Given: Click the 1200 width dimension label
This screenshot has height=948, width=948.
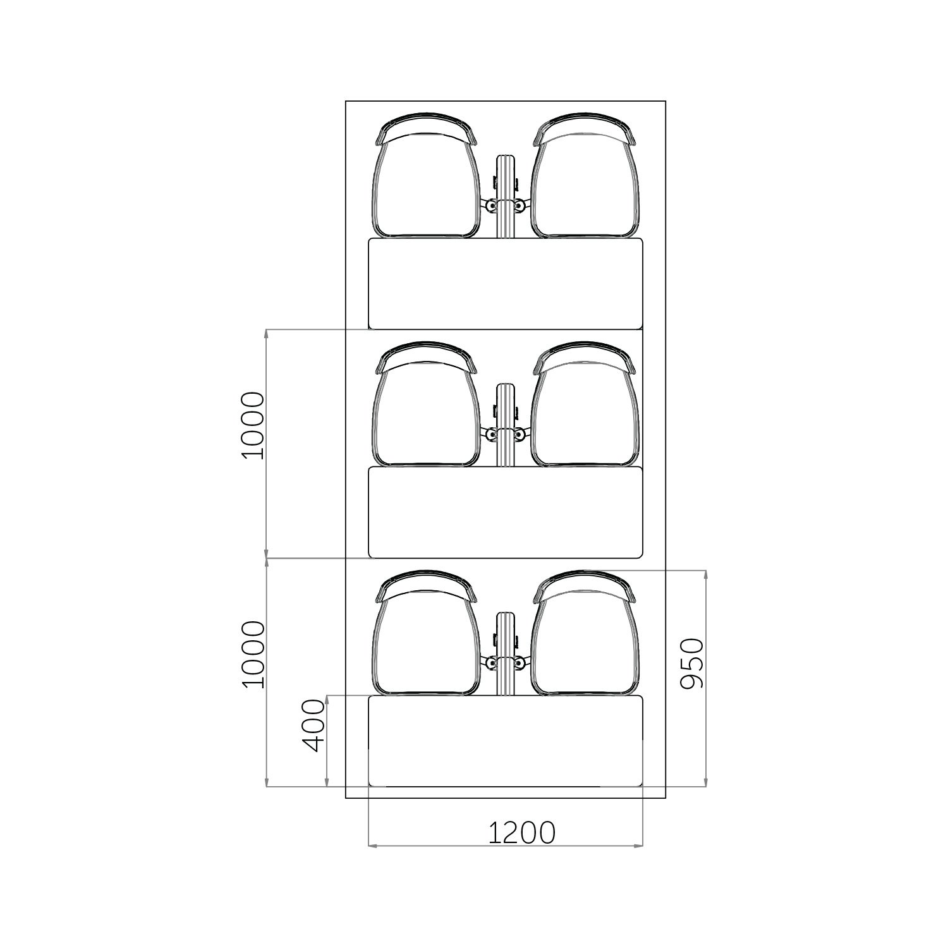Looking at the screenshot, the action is pos(521,833).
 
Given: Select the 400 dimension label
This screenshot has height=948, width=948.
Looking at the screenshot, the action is pos(315,726).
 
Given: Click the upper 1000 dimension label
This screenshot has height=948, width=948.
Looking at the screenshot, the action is pos(253,425).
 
